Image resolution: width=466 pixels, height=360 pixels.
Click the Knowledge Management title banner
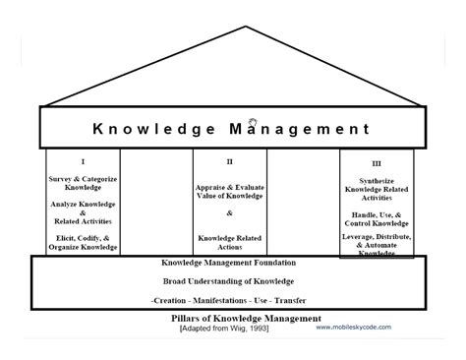pyautogui.click(x=231, y=129)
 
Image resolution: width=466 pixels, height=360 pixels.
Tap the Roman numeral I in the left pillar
pyautogui.click(x=82, y=161)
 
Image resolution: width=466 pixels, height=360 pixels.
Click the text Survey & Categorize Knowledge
pyautogui.click(x=82, y=183)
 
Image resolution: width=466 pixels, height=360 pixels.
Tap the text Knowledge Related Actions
pyautogui.click(x=229, y=241)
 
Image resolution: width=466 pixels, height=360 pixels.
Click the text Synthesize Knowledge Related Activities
pyautogui.click(x=377, y=187)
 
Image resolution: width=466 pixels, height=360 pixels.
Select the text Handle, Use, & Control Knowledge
pyautogui.click(x=377, y=217)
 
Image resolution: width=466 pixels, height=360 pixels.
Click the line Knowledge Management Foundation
pyautogui.click(x=229, y=264)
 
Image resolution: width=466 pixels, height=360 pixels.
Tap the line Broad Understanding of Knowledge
pyautogui.click(x=229, y=281)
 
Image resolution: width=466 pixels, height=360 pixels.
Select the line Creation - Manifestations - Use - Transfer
pyautogui.click(x=229, y=299)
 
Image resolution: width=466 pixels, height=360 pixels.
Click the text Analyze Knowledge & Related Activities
pyautogui.click(x=82, y=212)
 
